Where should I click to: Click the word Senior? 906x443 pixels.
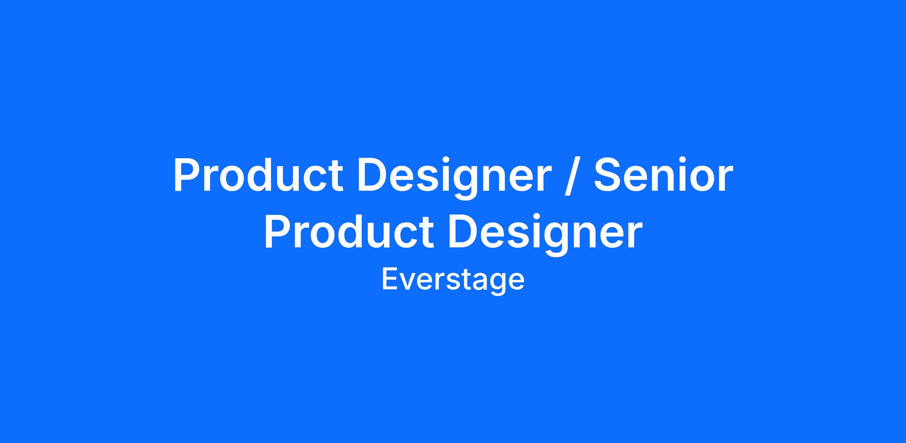pyautogui.click(x=663, y=175)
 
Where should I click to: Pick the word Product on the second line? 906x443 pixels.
pyautogui.click(x=349, y=232)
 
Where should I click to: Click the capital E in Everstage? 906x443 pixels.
pyautogui.click(x=390, y=279)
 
